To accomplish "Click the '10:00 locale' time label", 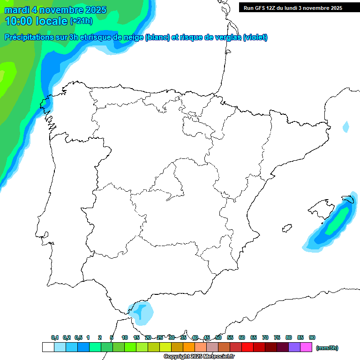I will tap(36, 21).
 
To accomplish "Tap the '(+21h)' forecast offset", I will tap(81, 21).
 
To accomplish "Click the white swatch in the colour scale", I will tap(48, 347).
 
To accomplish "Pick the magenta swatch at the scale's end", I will tap(307, 347).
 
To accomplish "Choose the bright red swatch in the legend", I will tap(247, 347).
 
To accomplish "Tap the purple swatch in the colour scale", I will tap(295, 347).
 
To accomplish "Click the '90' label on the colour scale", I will tap(312, 337).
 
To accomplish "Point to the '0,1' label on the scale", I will tap(55, 337).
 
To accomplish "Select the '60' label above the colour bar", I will tap(242, 337).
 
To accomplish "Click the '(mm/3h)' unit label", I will tap(328, 348).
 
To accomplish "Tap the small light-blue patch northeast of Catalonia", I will tap(346, 127).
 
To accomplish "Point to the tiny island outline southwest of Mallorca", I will tap(285, 229).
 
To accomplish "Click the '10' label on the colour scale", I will tap(125, 337).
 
